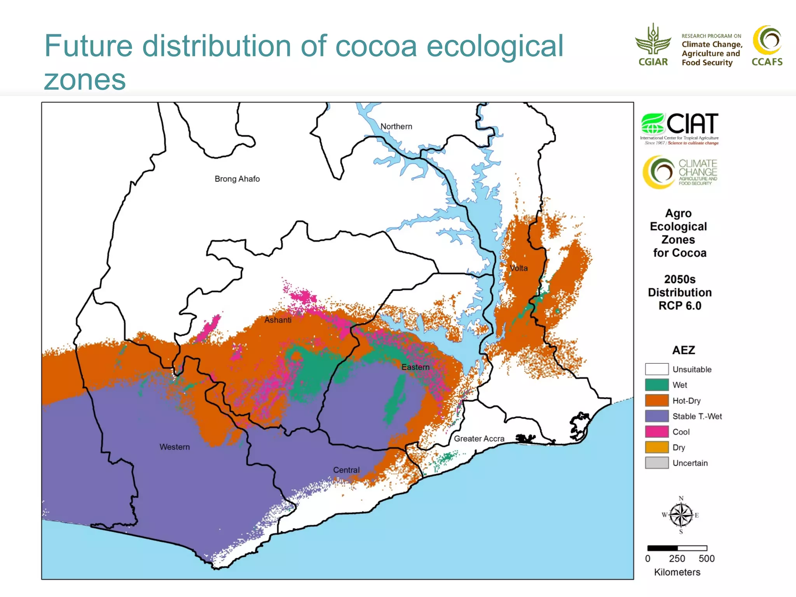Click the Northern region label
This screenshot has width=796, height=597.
pos(396,126)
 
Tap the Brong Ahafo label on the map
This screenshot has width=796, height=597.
pos(237,179)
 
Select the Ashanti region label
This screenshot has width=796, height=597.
pos(278,320)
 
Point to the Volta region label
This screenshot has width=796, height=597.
pos(518,268)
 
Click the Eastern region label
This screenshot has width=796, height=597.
pos(415,367)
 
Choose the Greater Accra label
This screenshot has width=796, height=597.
pos(479,438)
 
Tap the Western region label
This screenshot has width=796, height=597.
pos(175,447)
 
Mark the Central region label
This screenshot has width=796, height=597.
pos(346,470)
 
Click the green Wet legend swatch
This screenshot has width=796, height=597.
pos(656,385)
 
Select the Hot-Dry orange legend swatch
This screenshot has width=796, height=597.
pos(656,400)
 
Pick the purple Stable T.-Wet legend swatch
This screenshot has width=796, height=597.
pos(656,416)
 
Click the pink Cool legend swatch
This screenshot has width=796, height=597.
pos(656,431)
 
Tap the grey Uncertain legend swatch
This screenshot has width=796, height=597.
pos(656,463)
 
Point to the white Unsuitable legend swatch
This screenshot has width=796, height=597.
pos(656,369)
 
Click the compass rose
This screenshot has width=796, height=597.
pos(681,515)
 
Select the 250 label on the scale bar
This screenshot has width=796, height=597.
pos(677,559)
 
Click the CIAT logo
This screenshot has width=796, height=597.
pos(679,128)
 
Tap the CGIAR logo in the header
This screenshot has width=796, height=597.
pos(653,45)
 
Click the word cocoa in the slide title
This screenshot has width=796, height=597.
pos(376,46)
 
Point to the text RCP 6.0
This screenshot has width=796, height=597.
pos(680,306)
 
